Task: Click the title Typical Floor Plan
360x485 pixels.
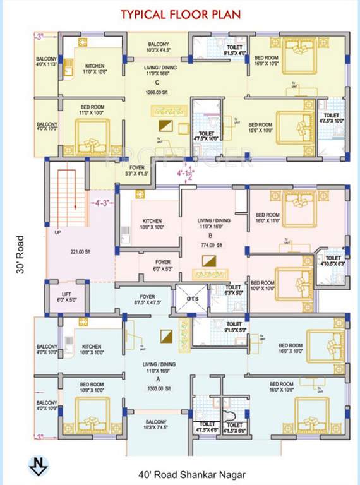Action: (180, 14)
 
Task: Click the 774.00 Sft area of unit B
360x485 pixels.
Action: (206, 244)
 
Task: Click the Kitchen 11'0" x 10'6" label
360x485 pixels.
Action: (95, 68)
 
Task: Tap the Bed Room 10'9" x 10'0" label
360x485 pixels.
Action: (261, 285)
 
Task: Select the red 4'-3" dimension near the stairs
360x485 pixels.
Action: (100, 204)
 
